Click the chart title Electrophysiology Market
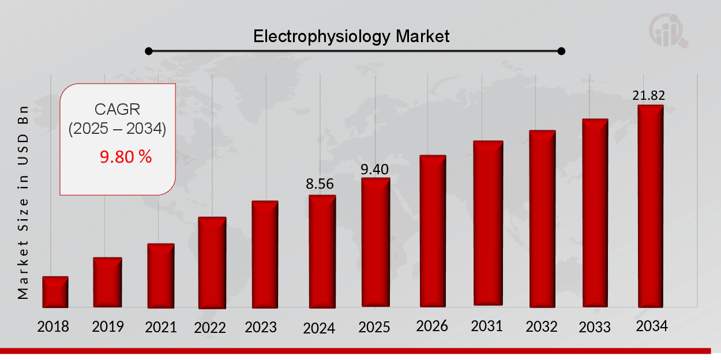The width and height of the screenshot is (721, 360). tap(351, 36)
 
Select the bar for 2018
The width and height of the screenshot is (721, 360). tap(55, 292)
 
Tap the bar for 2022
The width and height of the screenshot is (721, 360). tap(212, 262)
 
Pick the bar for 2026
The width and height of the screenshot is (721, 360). tap(433, 231)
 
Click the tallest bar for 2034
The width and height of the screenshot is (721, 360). tap(650, 206)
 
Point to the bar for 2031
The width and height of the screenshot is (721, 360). tap(488, 223)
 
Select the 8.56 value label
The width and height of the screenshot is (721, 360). tap(320, 184)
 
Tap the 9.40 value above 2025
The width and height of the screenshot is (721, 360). tap(374, 169)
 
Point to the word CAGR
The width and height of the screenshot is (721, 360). tap(117, 109)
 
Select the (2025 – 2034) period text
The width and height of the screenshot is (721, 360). tap(117, 129)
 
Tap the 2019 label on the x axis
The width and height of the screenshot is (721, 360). tap(108, 327)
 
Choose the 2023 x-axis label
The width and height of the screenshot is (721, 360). tap(261, 327)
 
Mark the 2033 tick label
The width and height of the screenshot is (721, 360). tap(595, 327)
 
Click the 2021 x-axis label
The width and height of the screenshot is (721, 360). tap(160, 327)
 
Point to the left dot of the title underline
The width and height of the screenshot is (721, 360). tap(148, 51)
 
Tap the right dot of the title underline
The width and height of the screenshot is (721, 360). tap(562, 51)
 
